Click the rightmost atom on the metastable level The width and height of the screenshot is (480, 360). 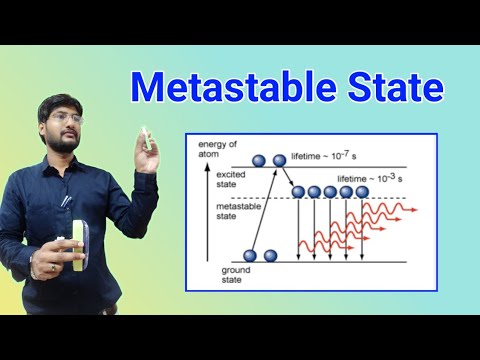click(361, 191)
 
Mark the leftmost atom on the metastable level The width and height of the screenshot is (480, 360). click(298, 191)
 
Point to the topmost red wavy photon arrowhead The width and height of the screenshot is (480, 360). click(413, 210)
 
